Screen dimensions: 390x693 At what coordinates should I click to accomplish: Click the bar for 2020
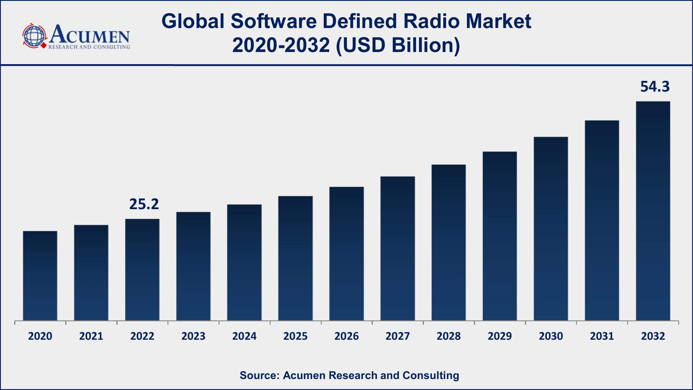click(x=40, y=276)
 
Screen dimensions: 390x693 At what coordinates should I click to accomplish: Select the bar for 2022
click(x=142, y=270)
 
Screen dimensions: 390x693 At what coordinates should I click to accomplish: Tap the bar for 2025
click(x=295, y=258)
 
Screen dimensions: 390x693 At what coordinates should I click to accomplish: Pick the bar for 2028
click(x=448, y=242)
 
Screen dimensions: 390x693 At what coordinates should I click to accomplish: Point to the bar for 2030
click(x=551, y=229)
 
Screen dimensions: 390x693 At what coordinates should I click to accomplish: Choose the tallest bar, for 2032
click(x=653, y=211)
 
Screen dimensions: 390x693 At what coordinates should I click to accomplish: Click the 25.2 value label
click(x=144, y=204)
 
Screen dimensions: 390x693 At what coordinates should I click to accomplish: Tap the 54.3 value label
click(x=655, y=87)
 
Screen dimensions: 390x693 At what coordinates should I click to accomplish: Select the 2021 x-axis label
click(x=91, y=336)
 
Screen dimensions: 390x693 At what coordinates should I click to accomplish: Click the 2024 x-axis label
click(x=244, y=336)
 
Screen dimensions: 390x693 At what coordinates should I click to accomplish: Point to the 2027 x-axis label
click(x=398, y=336)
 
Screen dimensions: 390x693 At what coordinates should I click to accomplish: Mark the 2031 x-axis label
click(x=602, y=336)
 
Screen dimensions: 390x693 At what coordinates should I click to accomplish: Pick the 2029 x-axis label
click(x=500, y=336)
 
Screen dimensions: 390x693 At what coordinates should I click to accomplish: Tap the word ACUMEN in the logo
click(x=90, y=35)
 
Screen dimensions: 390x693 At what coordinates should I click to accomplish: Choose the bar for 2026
click(x=346, y=254)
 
